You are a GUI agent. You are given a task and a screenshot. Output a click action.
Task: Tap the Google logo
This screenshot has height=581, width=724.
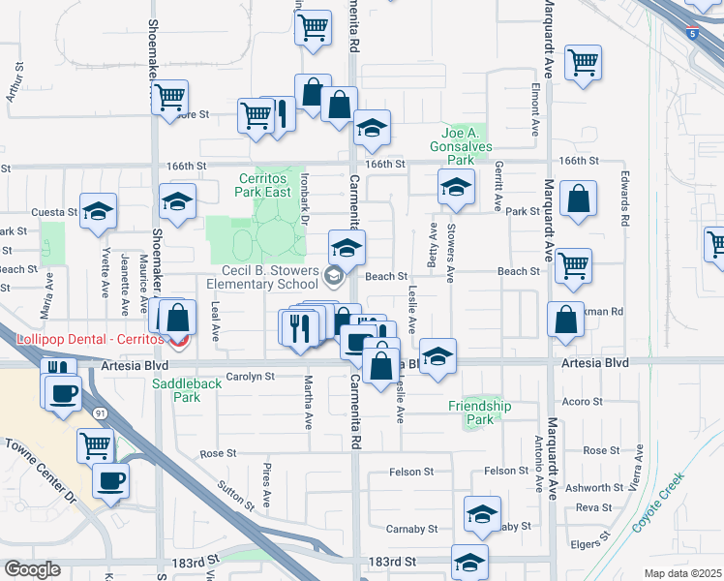click(x=32, y=569)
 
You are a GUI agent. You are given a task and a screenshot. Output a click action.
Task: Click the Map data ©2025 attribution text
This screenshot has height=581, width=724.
click(x=682, y=573)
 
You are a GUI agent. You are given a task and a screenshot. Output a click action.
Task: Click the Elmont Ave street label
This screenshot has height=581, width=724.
click(x=533, y=108)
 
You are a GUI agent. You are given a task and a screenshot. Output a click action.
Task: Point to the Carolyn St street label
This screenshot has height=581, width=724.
click(x=244, y=376)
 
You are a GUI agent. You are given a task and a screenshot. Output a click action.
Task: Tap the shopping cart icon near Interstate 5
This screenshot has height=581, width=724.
click(x=584, y=63)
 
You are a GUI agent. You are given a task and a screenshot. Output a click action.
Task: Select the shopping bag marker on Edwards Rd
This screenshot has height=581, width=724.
click(x=578, y=199)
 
